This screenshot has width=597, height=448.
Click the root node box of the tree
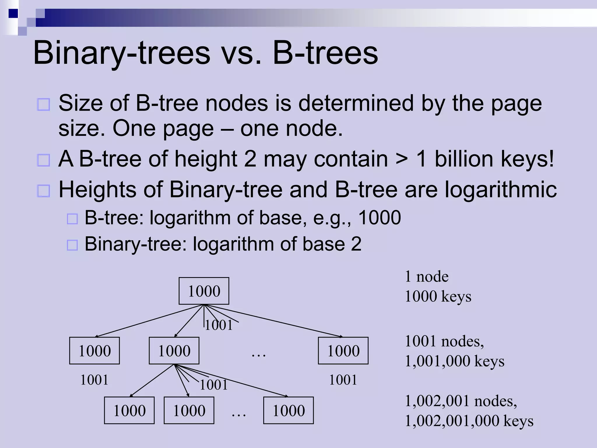tap(204, 291)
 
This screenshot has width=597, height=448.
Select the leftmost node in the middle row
tap(94, 351)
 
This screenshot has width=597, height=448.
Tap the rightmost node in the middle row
tap(343, 351)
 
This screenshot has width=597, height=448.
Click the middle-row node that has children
tap(174, 351)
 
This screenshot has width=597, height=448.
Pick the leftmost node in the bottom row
tap(129, 410)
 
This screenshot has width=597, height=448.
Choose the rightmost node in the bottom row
tap(288, 410)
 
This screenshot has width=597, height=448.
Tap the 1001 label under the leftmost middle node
tap(94, 380)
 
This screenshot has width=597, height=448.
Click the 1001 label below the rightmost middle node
tap(343, 380)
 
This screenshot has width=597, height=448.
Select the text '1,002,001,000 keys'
tap(469, 421)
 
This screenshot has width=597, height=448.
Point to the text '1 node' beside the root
tap(427, 276)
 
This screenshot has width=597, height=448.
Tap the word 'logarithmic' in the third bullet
tap(501, 190)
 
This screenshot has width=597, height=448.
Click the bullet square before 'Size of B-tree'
tap(44, 104)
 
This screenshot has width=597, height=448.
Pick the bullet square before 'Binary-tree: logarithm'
tap(72, 245)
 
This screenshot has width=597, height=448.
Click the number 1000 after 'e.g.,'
tap(379, 218)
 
